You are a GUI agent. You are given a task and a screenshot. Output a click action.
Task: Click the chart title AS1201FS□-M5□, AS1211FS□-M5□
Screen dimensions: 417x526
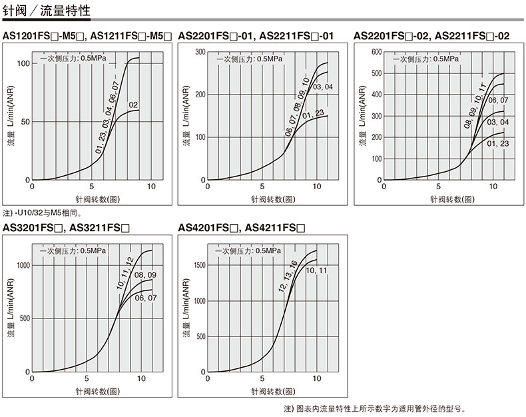click(87, 36)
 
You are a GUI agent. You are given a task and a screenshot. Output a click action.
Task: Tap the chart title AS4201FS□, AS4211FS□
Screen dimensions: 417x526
click(242, 228)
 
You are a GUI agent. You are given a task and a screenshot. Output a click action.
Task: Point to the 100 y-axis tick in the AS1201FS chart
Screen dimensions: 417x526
click(24, 63)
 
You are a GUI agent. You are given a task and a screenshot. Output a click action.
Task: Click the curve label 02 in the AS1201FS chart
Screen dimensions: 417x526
click(132, 105)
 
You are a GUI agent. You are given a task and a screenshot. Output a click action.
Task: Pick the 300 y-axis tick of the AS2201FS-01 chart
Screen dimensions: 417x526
click(199, 51)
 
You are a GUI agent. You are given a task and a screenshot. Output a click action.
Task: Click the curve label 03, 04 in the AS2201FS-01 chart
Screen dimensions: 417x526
click(322, 87)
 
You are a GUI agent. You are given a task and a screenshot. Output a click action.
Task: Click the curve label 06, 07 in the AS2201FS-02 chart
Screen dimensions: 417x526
click(498, 100)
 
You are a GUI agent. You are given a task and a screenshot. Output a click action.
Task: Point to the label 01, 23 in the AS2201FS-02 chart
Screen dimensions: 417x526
click(497, 143)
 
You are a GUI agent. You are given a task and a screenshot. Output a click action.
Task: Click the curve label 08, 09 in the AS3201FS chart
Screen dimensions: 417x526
click(145, 275)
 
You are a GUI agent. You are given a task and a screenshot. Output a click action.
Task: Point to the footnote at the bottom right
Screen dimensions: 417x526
click(377, 408)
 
